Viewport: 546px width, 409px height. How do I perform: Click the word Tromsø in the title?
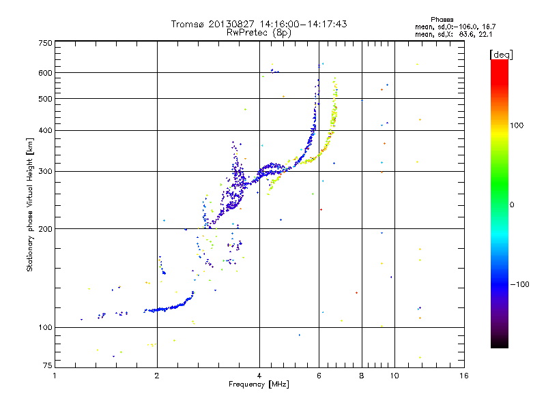(189, 24)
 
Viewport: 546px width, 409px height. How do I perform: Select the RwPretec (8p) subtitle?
(259, 32)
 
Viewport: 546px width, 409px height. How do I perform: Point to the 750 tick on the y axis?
(45, 43)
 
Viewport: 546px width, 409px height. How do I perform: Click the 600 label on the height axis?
(45, 73)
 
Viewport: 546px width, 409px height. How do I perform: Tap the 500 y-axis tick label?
(45, 99)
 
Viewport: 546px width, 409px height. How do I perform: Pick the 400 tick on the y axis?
(45, 131)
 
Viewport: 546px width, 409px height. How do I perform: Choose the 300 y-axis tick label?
(45, 172)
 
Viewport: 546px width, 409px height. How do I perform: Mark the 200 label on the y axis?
(45, 229)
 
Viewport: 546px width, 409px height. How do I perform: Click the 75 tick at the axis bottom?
(47, 367)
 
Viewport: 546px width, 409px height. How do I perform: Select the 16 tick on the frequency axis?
(463, 376)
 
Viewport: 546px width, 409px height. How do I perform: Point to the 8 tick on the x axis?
(362, 376)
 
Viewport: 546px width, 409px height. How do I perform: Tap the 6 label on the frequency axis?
(319, 376)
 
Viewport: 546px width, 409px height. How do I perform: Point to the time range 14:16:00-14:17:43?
(301, 24)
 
